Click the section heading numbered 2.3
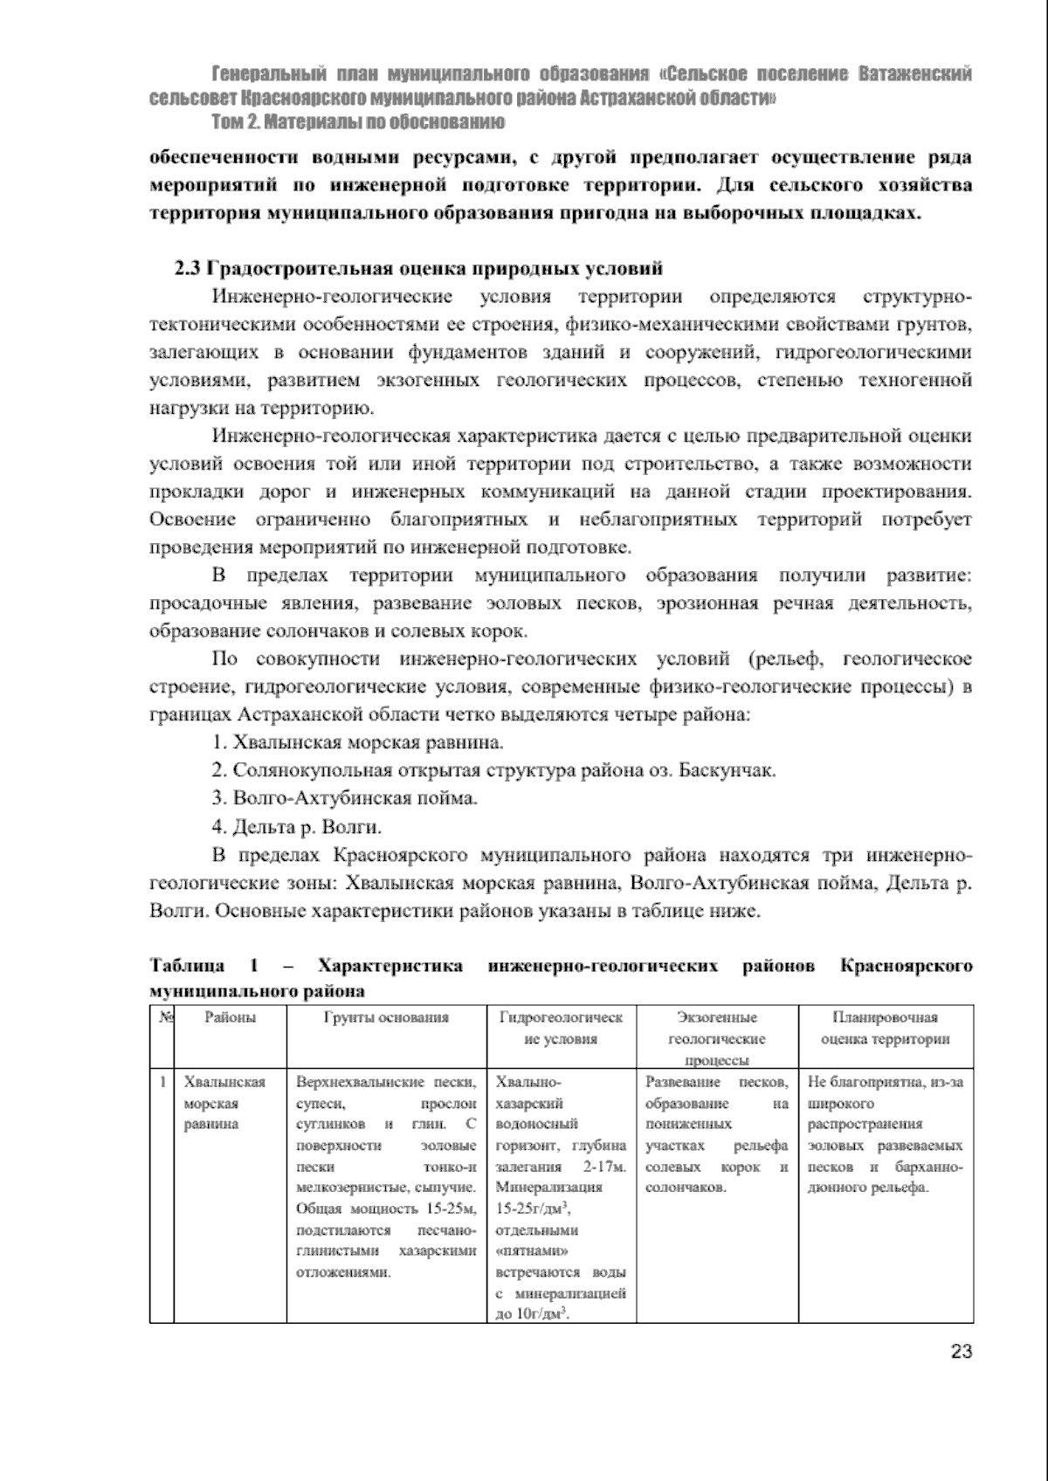tap(419, 268)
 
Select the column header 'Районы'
tap(231, 1017)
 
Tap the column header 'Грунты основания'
tap(386, 1017)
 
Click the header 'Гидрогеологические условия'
tap(561, 1028)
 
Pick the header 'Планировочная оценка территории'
tap(885, 1028)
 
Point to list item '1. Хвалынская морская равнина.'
tap(358, 743)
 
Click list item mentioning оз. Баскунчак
tap(493, 770)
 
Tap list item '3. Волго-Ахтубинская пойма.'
tap(345, 798)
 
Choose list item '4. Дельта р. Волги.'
tap(297, 826)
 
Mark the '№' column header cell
tap(162, 1017)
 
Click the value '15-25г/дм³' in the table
tap(532, 1209)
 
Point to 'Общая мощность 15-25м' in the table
tap(384, 1209)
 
